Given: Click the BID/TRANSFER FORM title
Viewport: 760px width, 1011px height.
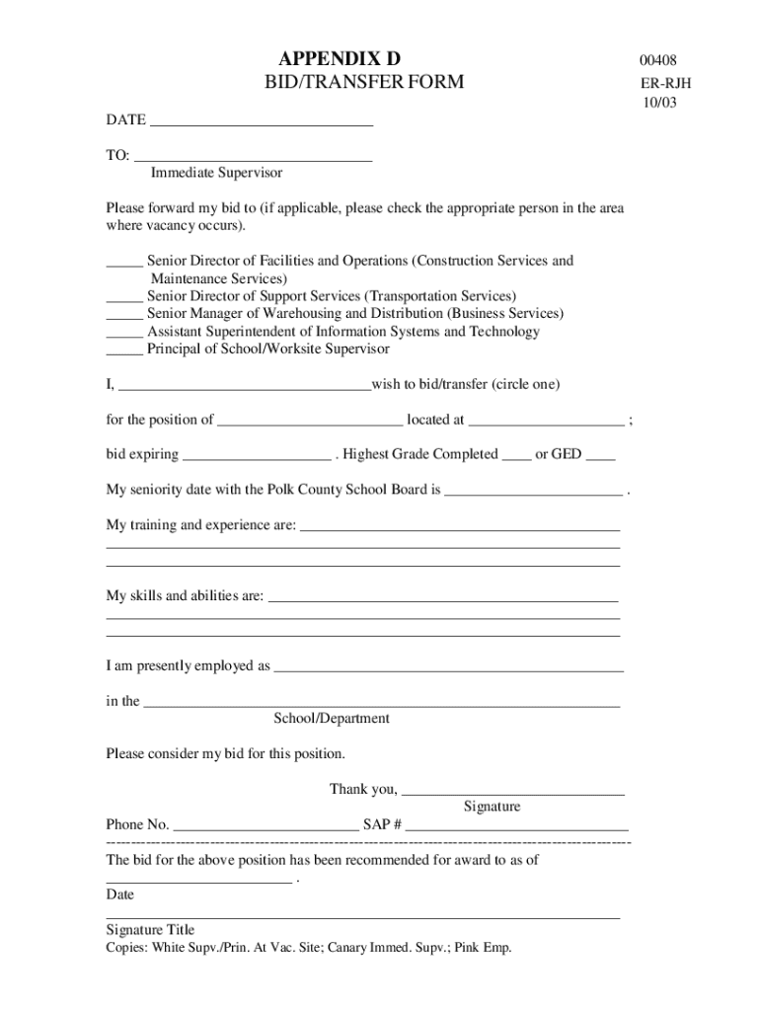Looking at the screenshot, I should coord(362,82).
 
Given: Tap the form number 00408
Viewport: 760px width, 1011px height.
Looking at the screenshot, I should coord(658,61).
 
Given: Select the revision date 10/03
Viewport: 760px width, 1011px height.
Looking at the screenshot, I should coord(658,102).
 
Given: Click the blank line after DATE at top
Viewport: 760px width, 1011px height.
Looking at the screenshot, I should coord(262,124).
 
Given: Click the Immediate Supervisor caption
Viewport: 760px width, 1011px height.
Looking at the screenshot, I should coord(216,173).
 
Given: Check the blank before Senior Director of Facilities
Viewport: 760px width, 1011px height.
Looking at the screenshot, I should coord(124,265).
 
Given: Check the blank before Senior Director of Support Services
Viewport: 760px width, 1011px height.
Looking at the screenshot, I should coord(124,300).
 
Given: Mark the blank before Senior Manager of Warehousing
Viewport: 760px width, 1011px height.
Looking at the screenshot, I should coord(124,318).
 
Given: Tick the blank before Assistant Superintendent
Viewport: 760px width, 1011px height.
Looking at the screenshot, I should coord(124,336).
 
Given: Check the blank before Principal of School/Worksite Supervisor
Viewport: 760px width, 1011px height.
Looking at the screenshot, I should coord(124,353).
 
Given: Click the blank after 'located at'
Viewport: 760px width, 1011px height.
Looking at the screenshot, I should coord(547,425).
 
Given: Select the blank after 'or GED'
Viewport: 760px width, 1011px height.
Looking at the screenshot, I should coord(600,459).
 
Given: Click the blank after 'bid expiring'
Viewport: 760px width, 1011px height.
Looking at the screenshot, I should coord(258,459).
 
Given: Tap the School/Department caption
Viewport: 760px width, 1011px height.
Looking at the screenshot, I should coord(332,719).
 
